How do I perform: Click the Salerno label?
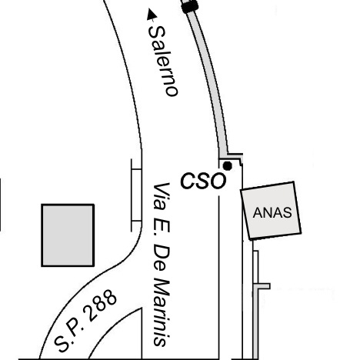click(x=163, y=62)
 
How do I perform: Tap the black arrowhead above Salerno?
click(x=152, y=15)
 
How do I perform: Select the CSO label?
click(x=203, y=181)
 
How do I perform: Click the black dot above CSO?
click(x=228, y=166)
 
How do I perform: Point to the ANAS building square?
click(x=271, y=211)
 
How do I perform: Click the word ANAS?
click(x=272, y=212)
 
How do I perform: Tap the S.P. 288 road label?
click(x=85, y=321)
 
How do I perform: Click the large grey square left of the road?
click(x=68, y=235)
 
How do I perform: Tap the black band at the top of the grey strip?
click(x=190, y=6)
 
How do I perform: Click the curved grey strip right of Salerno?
click(x=210, y=77)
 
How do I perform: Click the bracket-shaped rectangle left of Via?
click(x=136, y=195)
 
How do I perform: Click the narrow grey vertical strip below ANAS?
click(x=255, y=305)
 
